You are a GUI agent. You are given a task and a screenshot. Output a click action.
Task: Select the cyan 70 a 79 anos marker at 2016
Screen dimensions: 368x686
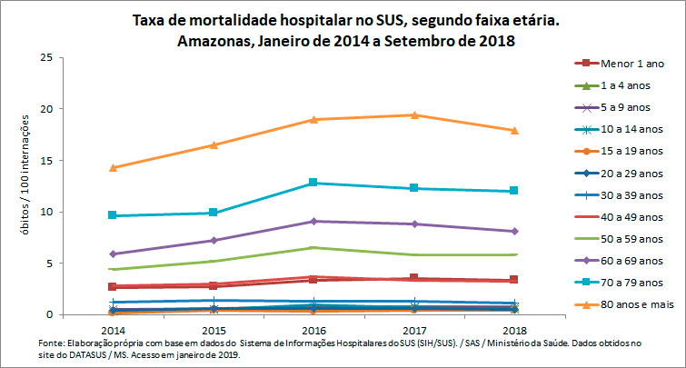tap(313, 183)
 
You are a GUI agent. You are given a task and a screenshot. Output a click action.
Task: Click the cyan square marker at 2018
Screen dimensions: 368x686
tap(513, 191)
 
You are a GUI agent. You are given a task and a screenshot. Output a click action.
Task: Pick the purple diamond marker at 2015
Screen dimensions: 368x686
tap(213, 240)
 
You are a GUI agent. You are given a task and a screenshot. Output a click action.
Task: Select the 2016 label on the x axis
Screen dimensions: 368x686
tap(313, 327)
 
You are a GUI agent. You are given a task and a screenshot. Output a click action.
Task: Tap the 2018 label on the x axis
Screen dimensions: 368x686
tap(513, 327)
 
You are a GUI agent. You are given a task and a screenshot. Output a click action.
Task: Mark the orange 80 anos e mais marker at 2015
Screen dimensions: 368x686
tap(213, 144)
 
